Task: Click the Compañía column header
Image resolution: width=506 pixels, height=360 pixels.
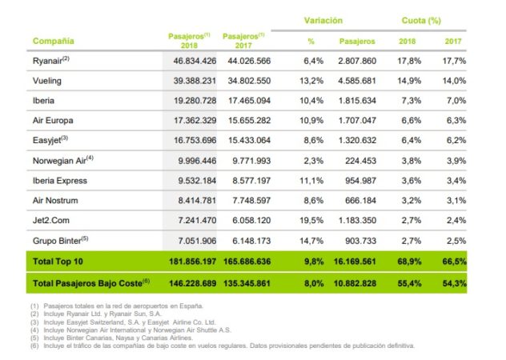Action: tap(53, 40)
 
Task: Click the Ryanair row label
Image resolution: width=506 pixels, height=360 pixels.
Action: tap(50, 59)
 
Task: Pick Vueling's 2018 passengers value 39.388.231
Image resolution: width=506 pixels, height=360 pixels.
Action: tap(191, 81)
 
